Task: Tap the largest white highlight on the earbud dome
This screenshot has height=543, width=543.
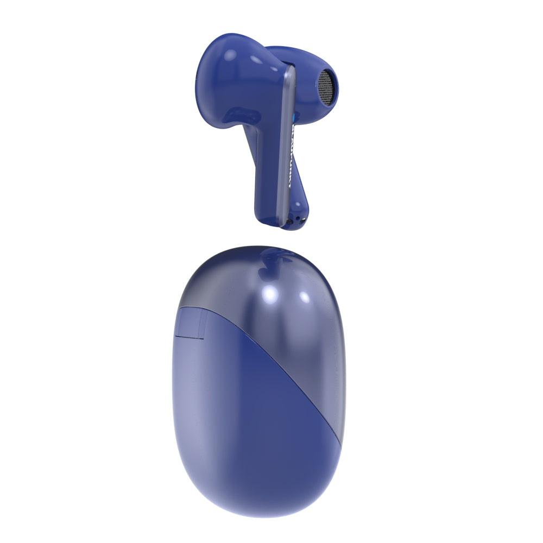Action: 229,54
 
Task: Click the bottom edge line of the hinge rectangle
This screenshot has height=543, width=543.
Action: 192,338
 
